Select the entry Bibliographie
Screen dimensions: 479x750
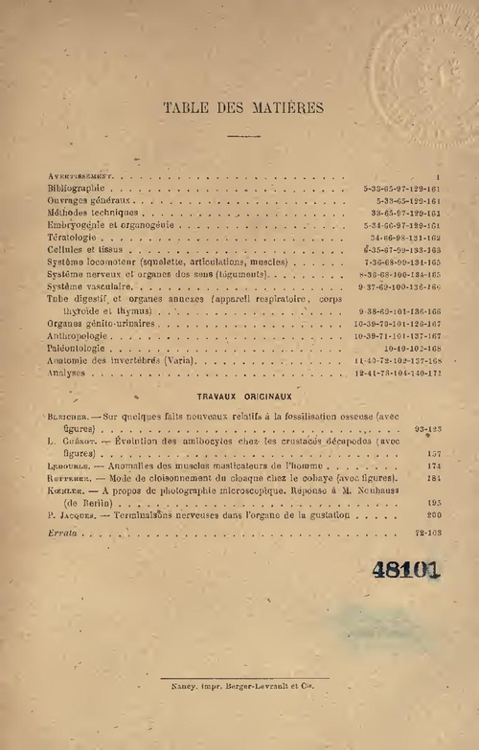tap(75, 190)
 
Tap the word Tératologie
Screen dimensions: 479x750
tap(72, 237)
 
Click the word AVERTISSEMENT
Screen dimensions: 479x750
tap(80, 177)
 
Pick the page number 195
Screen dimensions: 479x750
tap(433, 502)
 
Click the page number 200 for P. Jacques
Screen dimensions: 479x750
tap(433, 515)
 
